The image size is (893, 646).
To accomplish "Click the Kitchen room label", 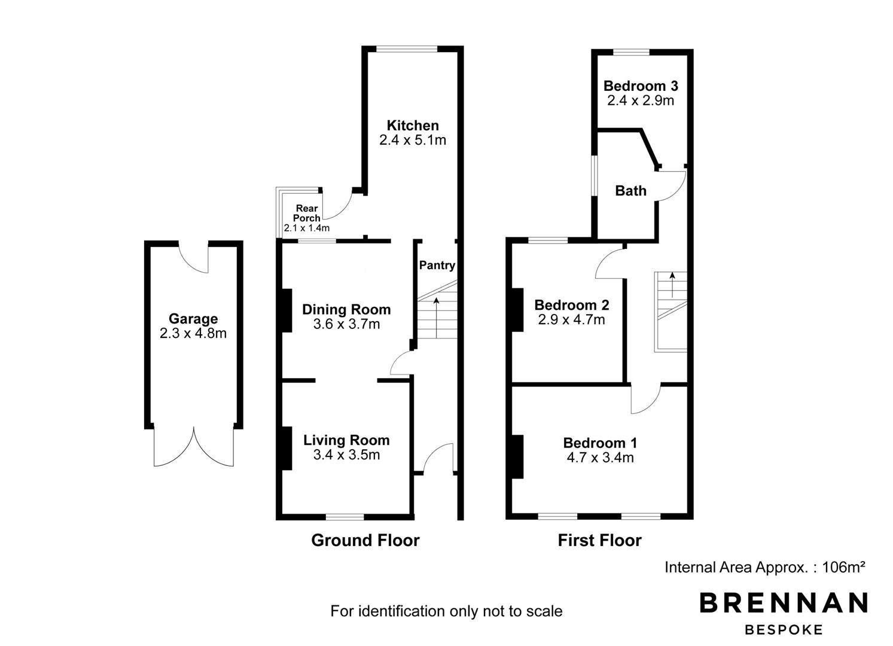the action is coord(413,125).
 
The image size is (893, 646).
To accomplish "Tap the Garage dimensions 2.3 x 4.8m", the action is coord(193,333).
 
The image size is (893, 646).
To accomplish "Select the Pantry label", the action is coord(437,266).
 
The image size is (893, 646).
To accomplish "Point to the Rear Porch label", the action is coord(307,213).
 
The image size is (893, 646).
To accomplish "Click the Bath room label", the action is coord(630,191).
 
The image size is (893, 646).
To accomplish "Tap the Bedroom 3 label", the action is coord(641,86).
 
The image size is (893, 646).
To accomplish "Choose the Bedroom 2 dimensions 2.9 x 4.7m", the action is coord(571,319).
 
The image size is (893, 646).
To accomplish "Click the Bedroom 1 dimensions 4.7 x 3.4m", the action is coord(600,458).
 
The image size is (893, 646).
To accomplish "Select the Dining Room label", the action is coord(346,309).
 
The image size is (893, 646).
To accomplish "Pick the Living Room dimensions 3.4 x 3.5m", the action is coord(346,455).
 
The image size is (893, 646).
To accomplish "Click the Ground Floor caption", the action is coord(365,540).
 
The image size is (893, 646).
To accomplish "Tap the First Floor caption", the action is coord(599,540).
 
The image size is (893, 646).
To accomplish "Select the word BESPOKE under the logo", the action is coord(784,630).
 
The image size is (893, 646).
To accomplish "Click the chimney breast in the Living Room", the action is coord(287,448).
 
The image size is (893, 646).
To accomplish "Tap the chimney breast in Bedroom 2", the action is coord(517,310).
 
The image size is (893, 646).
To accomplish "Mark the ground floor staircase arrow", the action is coord(436,318).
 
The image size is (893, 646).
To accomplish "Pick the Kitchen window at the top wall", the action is coord(407,49).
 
